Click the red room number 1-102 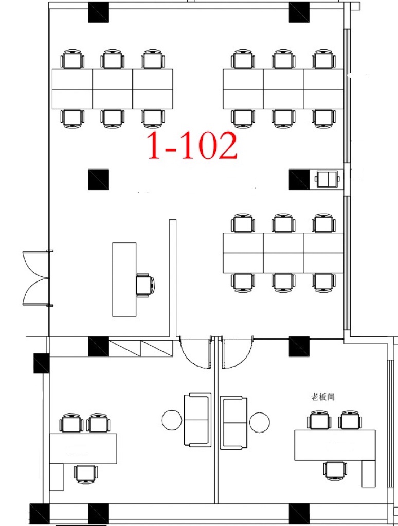pyautogui.click(x=192, y=145)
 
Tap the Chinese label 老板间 pyautogui.click(x=322, y=397)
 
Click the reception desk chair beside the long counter pyautogui.click(x=146, y=285)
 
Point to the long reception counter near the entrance pyautogui.click(x=124, y=279)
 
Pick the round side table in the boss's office pyautogui.click(x=259, y=422)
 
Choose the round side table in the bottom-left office pyautogui.click(x=172, y=420)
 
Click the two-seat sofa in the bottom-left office pyautogui.click(x=198, y=420)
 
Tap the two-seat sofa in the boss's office pyautogui.click(x=233, y=423)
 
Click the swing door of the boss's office pyautogui.click(x=237, y=352)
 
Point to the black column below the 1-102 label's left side pyautogui.click(x=98, y=179)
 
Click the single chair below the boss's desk pyautogui.click(x=335, y=471)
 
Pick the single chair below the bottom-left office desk pyautogui.click(x=86, y=474)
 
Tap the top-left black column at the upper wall pyautogui.click(x=98, y=12)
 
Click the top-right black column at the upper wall pyautogui.click(x=299, y=12)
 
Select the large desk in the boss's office pyautogui.click(x=335, y=445)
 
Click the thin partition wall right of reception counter pyautogui.click(x=173, y=278)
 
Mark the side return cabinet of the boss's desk pyautogui.click(x=369, y=474)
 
